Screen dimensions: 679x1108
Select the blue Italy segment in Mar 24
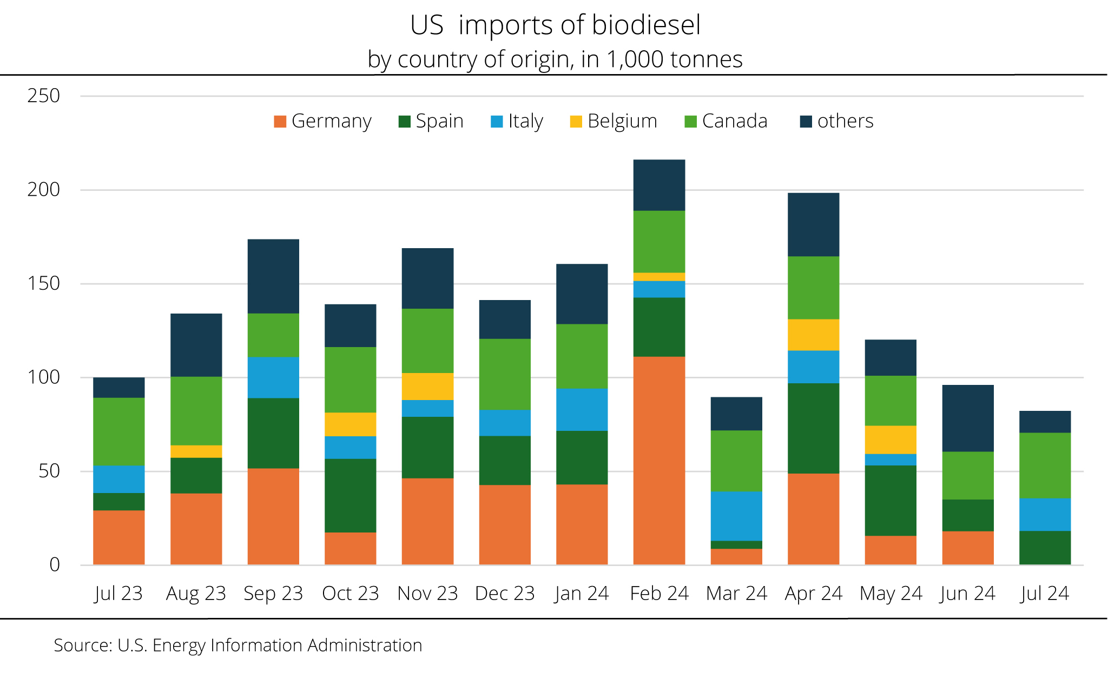point(736,516)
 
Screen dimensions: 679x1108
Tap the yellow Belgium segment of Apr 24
point(813,335)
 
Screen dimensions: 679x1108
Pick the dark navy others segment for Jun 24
point(968,418)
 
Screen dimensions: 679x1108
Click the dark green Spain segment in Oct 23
point(350,495)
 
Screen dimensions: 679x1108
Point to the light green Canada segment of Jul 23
point(118,431)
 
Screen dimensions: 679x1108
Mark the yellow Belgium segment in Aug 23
point(196,451)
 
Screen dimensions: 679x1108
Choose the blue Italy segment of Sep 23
point(273,377)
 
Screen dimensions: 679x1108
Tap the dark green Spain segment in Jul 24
point(1045,548)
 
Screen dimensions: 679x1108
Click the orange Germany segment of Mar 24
point(736,557)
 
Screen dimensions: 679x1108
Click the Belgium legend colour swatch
point(576,121)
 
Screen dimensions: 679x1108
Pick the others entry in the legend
point(845,121)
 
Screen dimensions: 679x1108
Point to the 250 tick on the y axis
point(43,96)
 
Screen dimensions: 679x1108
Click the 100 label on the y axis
point(43,377)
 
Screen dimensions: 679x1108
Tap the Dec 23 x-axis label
point(505,594)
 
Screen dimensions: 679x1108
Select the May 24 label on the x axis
point(891,594)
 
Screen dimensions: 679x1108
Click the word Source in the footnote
point(83,645)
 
